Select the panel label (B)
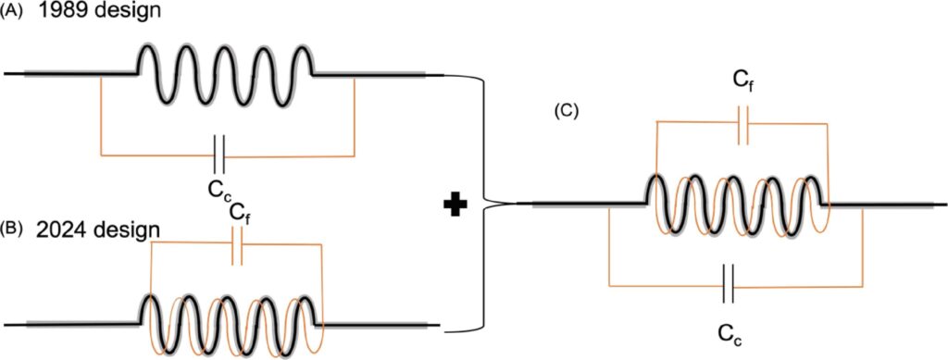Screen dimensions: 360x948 tap(13, 226)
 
